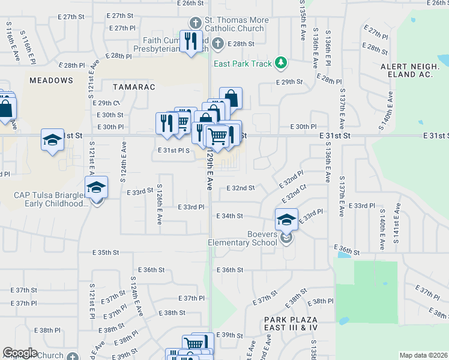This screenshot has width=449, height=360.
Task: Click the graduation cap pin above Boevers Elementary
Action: (x=287, y=219)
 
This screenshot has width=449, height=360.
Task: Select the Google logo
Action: (x=20, y=353)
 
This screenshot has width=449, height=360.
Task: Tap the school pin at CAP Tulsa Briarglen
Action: (x=96, y=187)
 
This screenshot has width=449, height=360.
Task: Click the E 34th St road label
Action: (x=229, y=216)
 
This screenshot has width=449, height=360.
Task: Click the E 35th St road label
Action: (x=106, y=253)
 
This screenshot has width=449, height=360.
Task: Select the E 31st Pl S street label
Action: (x=174, y=151)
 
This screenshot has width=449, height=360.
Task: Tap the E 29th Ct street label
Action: (x=109, y=103)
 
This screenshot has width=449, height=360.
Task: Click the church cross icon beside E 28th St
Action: (x=218, y=43)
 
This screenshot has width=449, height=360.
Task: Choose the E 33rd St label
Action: (x=141, y=192)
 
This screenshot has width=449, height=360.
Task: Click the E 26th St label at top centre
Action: (x=191, y=3)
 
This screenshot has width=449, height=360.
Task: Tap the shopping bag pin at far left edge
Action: (x=5, y=109)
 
